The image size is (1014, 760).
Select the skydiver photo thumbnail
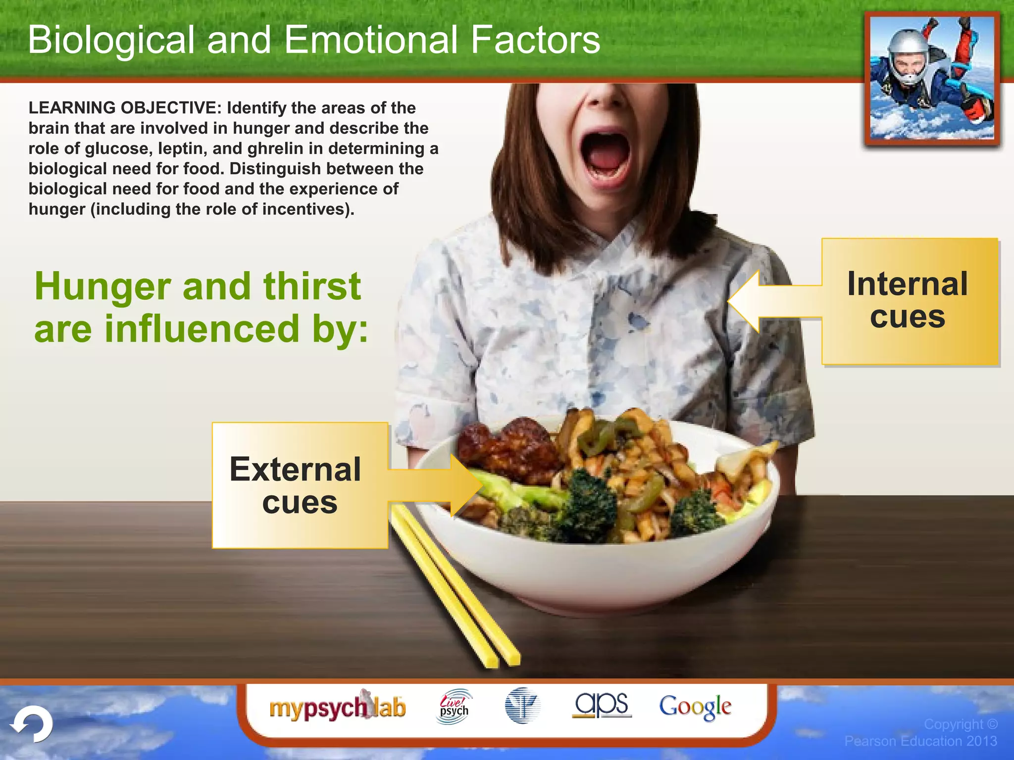pos(932,79)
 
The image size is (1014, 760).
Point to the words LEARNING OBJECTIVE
pos(122,108)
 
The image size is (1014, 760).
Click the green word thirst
pos(311,287)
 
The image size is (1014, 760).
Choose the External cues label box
pos(299,485)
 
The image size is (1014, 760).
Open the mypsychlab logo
pos(337,708)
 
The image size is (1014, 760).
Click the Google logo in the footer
pos(695,707)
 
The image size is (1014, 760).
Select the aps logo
pos(602,705)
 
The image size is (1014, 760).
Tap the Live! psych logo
pos(454,707)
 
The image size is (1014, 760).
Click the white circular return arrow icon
pos(33,724)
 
